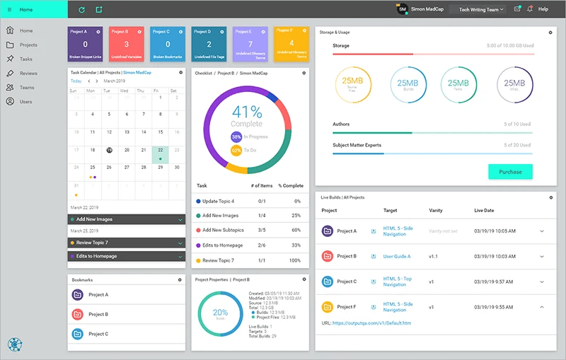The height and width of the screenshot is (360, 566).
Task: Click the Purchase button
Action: pos(510,172)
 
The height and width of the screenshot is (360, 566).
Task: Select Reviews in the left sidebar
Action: pos(28,74)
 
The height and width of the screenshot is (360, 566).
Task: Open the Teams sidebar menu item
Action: pos(26,88)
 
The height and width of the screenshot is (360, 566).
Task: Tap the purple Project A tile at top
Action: pos(85,44)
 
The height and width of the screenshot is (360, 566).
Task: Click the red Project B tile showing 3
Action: pos(126,44)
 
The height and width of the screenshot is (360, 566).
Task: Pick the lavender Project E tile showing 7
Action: pos(250,44)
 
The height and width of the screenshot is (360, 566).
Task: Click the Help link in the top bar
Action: pos(543,9)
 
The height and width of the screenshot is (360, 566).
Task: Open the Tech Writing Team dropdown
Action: pos(481,10)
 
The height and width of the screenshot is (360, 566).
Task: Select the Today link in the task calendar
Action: pos(76,81)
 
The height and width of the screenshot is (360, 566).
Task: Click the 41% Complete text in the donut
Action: pos(247,116)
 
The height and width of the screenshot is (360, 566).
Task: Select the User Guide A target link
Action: pos(397,256)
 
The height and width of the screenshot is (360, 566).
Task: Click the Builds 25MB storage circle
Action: pos(408,84)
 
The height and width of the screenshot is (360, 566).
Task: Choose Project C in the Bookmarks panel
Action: pos(98,334)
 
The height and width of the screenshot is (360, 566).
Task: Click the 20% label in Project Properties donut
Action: pos(220,312)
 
